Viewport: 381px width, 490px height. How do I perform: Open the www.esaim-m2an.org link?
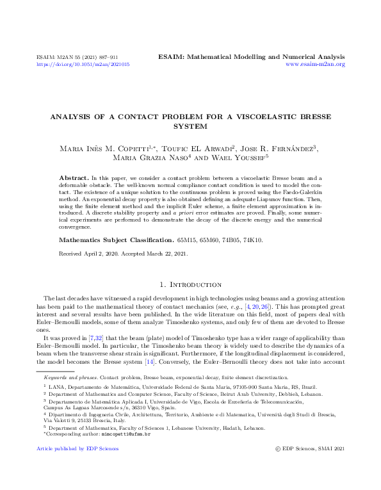tap(315, 65)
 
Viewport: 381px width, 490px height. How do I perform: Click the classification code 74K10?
tap(250, 223)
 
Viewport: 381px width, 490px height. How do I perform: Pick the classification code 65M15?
tap(188, 223)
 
